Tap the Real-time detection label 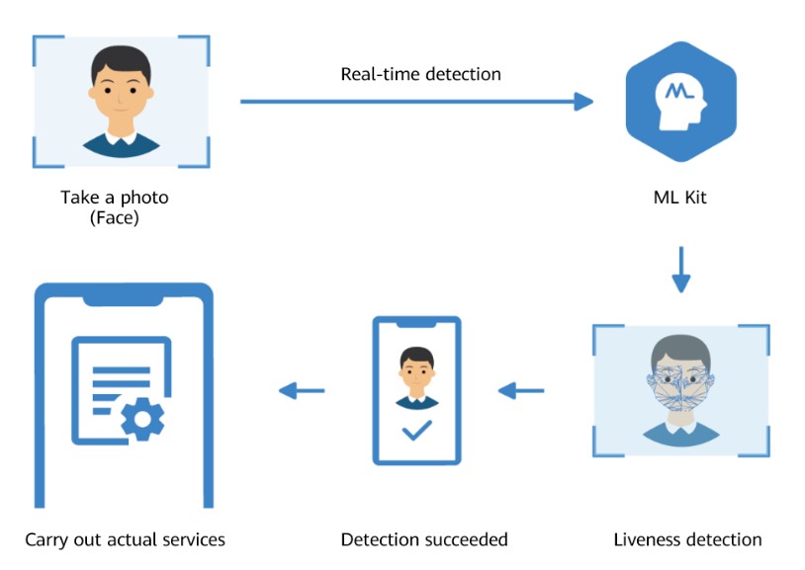click(420, 74)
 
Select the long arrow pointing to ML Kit click(415, 101)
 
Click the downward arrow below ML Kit click(680, 270)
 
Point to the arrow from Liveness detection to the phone click(521, 391)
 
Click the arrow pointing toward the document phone click(302, 391)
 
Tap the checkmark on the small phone click(415, 431)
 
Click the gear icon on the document click(143, 418)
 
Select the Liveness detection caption click(687, 539)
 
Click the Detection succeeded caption click(423, 539)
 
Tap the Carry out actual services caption click(125, 539)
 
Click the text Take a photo click(115, 197)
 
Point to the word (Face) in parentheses click(115, 216)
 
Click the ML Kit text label click(680, 197)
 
